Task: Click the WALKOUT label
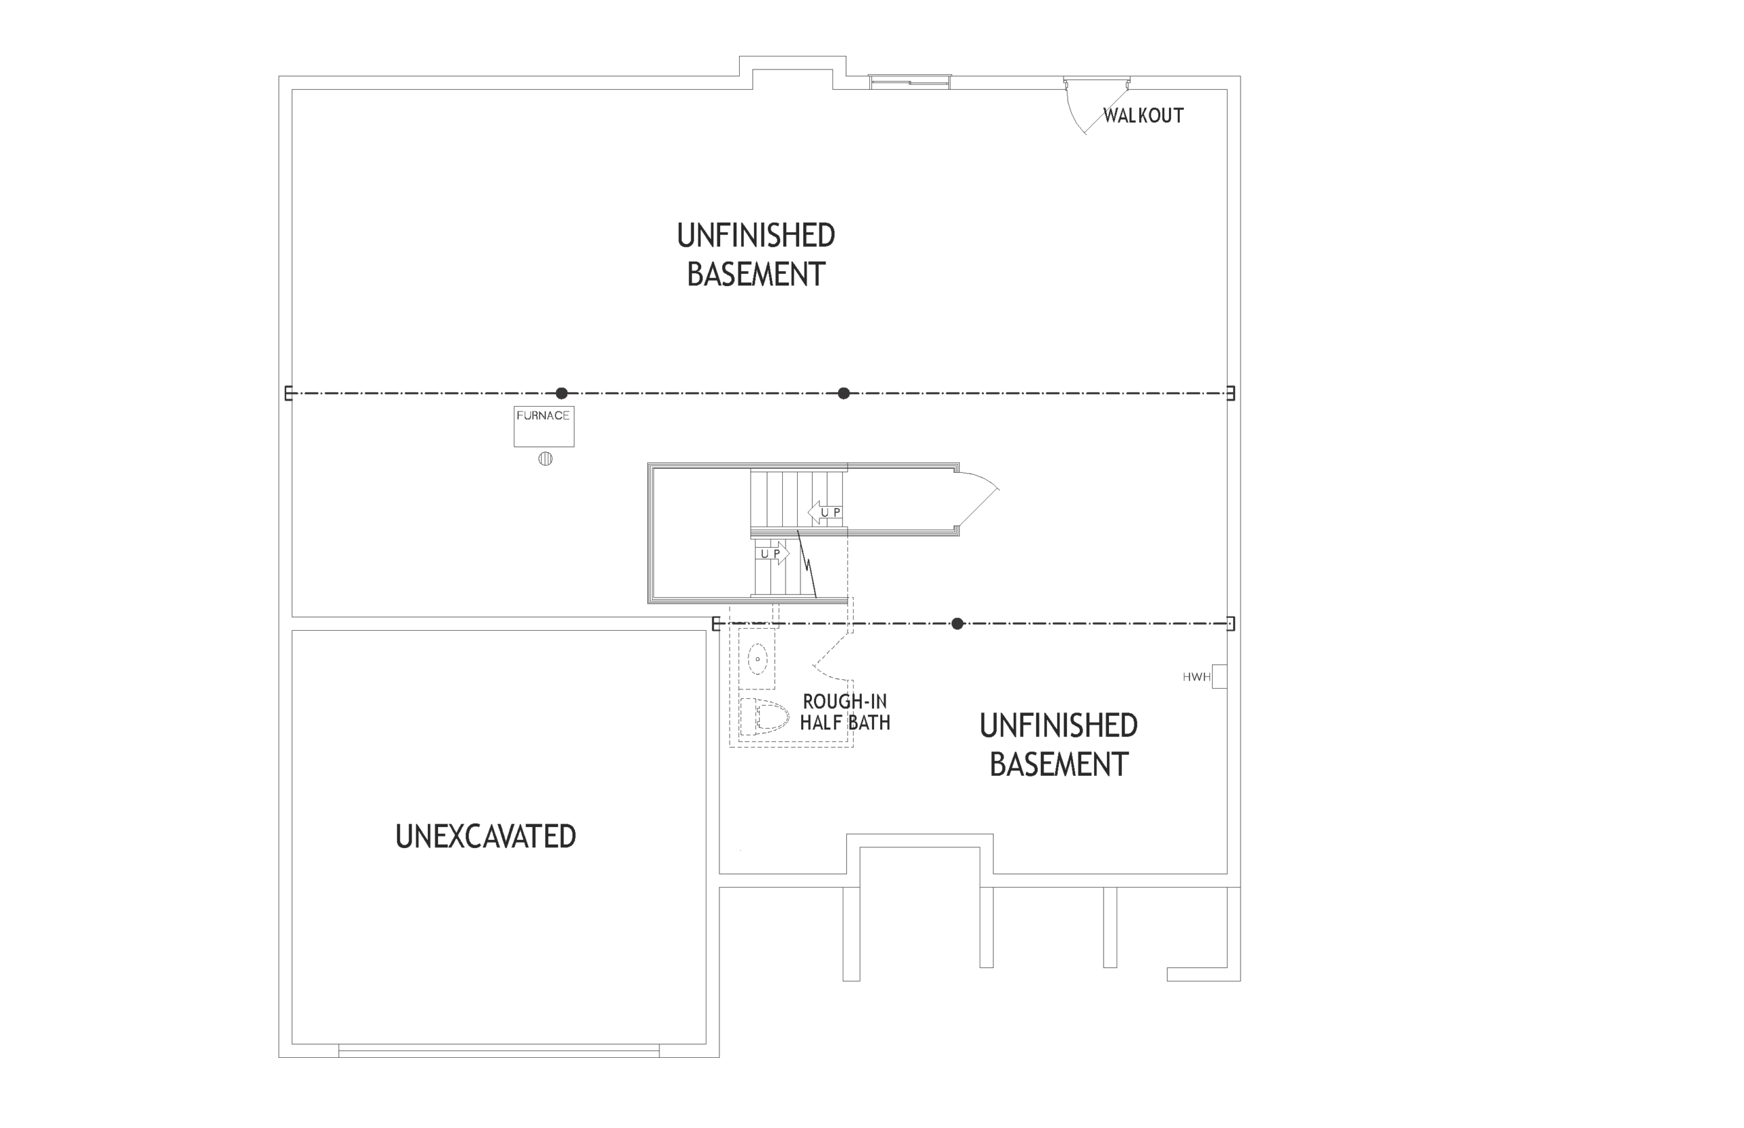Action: click(x=1142, y=116)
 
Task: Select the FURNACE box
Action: click(x=544, y=426)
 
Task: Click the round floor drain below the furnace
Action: click(x=545, y=459)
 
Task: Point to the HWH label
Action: click(x=1196, y=677)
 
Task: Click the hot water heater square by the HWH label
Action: click(x=1219, y=676)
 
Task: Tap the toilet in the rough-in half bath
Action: click(x=764, y=716)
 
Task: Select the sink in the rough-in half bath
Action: click(x=758, y=659)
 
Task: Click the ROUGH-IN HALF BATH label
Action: click(x=845, y=712)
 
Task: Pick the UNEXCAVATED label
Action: click(x=486, y=836)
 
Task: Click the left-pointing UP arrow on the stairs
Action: click(x=825, y=512)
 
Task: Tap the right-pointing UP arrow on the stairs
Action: click(x=773, y=553)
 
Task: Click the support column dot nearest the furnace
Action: click(x=562, y=393)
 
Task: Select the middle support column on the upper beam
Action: click(x=844, y=393)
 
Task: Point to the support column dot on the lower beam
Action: click(x=957, y=624)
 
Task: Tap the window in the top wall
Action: click(x=909, y=82)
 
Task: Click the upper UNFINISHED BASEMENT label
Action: click(x=756, y=255)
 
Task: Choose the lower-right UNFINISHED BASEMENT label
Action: click(x=1059, y=745)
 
